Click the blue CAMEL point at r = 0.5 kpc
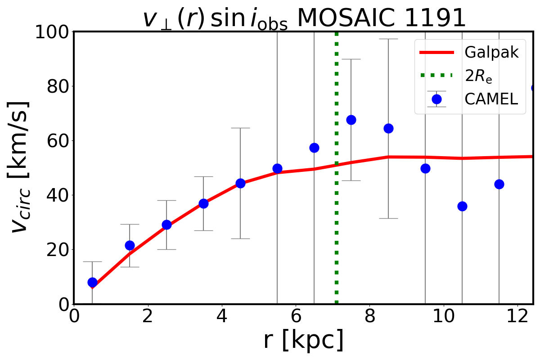[92, 282]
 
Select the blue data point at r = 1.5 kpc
[130, 245]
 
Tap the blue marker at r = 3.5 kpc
[203, 203]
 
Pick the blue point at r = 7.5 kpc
[351, 120]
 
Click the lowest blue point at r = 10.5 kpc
[462, 206]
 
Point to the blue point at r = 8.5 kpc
[388, 128]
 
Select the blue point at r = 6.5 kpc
[314, 148]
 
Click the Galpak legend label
[491, 53]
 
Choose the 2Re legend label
[479, 76]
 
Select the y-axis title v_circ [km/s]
[20, 166]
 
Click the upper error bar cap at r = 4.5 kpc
[240, 128]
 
